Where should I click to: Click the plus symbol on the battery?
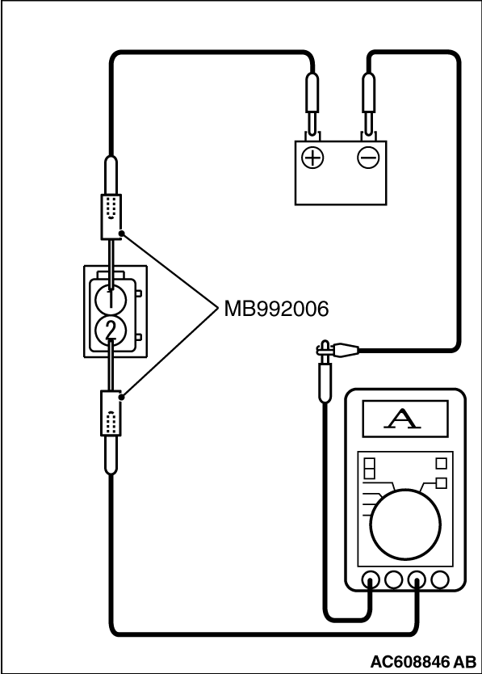point(312,158)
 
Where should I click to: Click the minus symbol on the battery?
point(367,158)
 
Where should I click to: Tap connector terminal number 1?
point(111,298)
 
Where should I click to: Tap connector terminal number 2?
point(111,330)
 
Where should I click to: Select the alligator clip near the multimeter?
point(337,349)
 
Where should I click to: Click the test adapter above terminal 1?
point(111,216)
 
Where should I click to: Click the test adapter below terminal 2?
point(111,414)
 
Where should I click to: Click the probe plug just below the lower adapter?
point(111,457)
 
